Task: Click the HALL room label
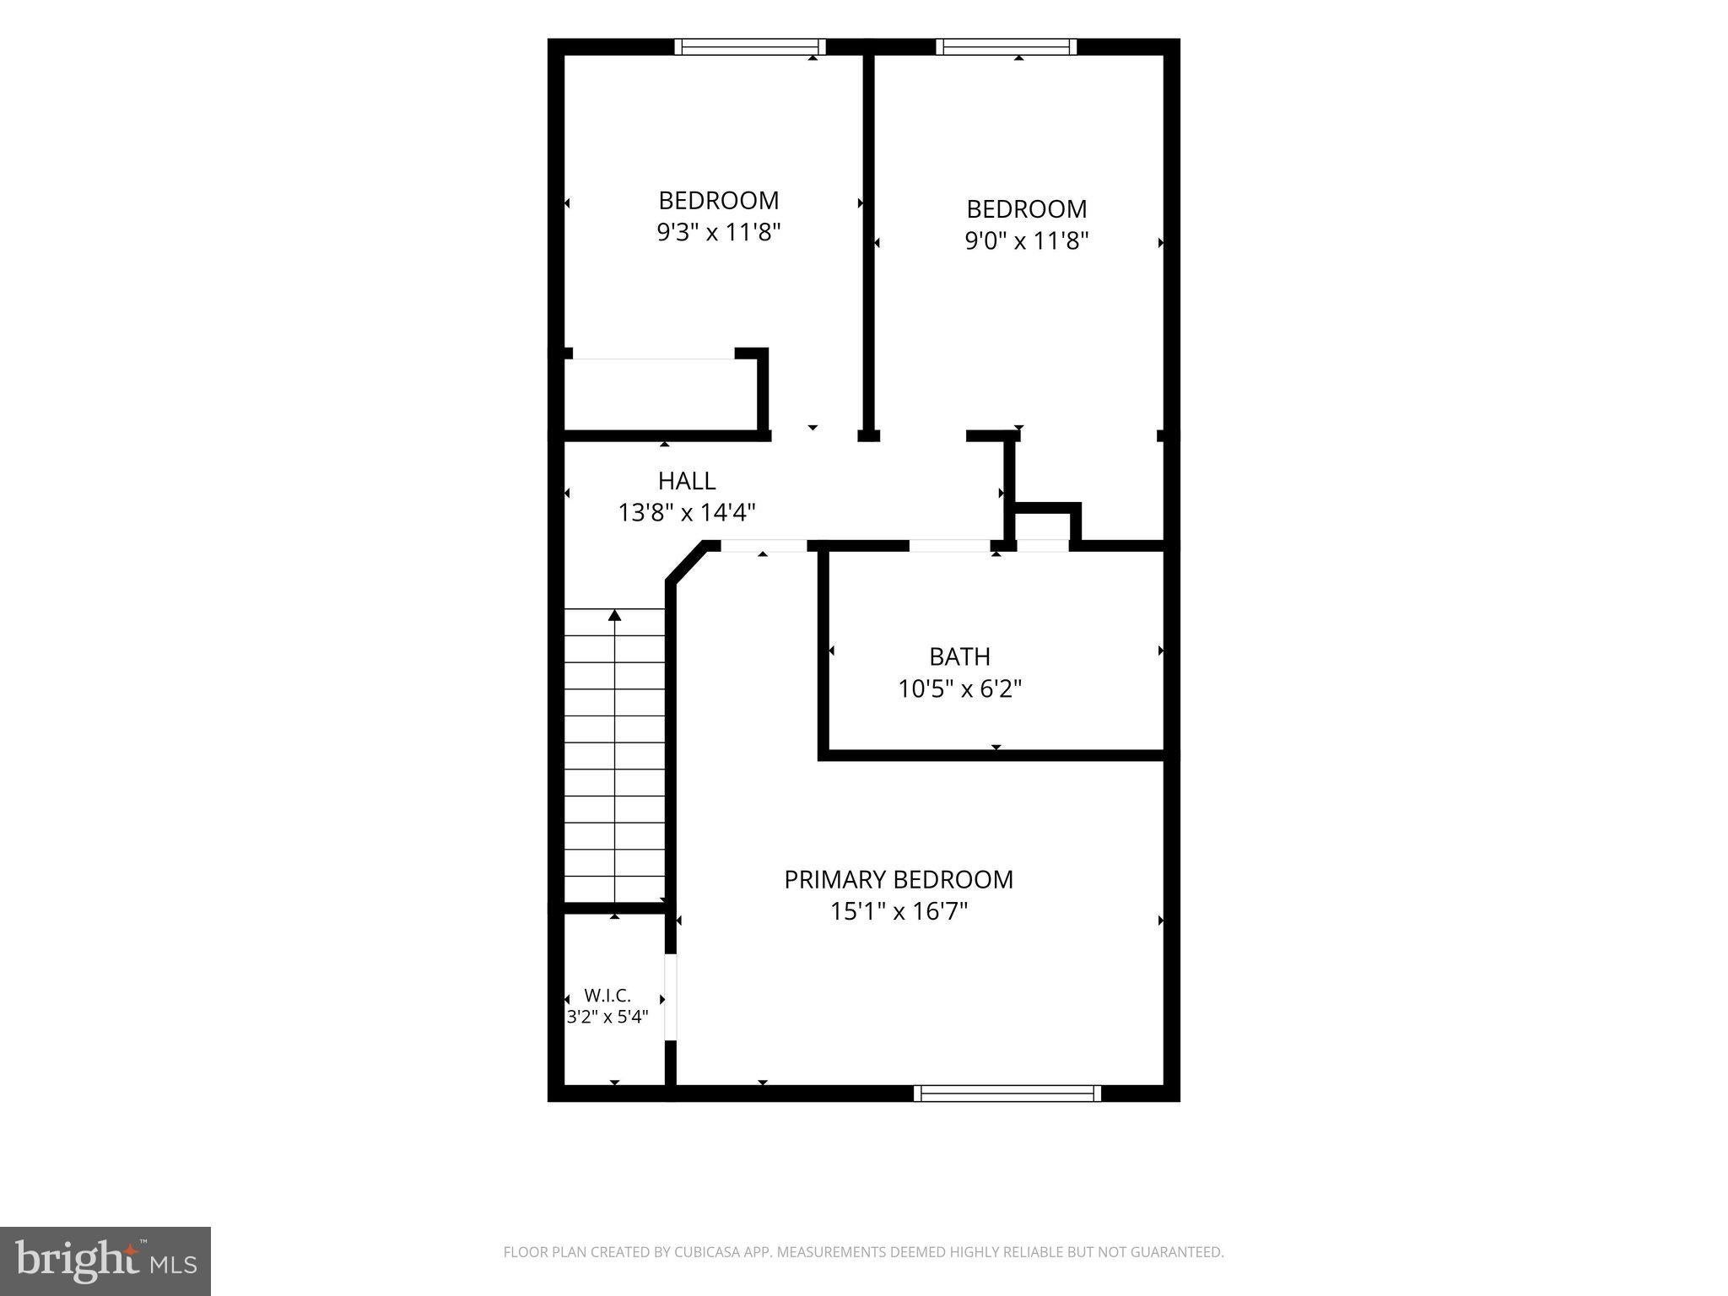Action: click(x=687, y=481)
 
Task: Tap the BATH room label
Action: click(x=959, y=656)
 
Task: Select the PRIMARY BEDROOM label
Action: click(x=899, y=880)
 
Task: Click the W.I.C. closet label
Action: click(x=607, y=996)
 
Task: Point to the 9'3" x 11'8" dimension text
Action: click(x=719, y=232)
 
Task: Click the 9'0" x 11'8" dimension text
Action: click(x=1027, y=240)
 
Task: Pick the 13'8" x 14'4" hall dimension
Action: click(x=687, y=512)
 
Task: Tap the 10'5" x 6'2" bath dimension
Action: click(x=959, y=689)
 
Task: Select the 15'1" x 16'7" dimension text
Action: click(x=899, y=911)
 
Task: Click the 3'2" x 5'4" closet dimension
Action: click(x=607, y=1017)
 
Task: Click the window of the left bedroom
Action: click(x=750, y=46)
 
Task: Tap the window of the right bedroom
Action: click(x=1007, y=46)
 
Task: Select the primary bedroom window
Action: click(x=1007, y=1093)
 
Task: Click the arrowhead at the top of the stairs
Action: click(x=615, y=615)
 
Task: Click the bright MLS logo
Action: click(x=105, y=1261)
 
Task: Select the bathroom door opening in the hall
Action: click(x=949, y=546)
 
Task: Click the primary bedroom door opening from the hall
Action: click(x=764, y=546)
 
